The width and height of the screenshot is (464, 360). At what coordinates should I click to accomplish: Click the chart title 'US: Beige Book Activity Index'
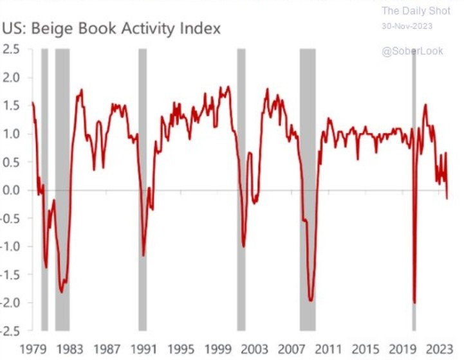coord(111,28)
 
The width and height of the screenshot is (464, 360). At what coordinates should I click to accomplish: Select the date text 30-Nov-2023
coord(407,26)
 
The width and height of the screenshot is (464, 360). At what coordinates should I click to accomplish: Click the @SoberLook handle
coord(412,51)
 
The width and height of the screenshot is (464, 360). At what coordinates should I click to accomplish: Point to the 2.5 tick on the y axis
coord(13,50)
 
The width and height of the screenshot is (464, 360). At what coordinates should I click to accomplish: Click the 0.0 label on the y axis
coord(13,190)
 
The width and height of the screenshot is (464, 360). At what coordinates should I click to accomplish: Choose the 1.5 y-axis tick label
coord(13,106)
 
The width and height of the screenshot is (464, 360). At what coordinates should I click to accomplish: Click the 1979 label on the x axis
coord(32,350)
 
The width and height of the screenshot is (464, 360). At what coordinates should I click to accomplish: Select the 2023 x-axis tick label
coord(442,350)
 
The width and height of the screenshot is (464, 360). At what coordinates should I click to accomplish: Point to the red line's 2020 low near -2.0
coord(414,303)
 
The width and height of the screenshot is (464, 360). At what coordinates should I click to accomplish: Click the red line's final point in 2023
coord(447,199)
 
